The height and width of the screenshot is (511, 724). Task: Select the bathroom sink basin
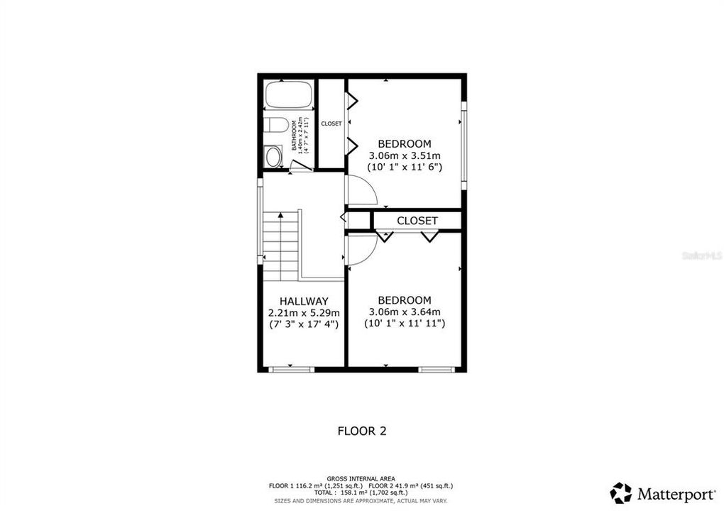[273, 155]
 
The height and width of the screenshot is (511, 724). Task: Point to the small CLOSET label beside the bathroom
[331, 123]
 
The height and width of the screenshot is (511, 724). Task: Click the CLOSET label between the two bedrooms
[417, 221]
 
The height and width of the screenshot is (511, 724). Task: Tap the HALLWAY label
[304, 301]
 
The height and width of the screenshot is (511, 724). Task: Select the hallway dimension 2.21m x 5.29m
[304, 312]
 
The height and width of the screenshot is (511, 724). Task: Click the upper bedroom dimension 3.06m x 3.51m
[405, 155]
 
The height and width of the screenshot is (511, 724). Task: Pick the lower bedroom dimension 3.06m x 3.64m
[405, 312]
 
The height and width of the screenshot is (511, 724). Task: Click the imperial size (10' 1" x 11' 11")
[405, 324]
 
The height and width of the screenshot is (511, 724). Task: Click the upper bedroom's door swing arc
[361, 190]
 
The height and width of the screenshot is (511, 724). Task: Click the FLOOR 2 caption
[361, 430]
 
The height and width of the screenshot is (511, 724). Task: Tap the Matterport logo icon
[620, 493]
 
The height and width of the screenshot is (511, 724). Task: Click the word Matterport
[676, 493]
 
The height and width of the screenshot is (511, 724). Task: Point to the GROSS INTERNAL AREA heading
[361, 478]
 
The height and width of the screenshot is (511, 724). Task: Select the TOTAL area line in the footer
[361, 493]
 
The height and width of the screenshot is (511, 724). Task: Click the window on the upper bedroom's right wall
[464, 145]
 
